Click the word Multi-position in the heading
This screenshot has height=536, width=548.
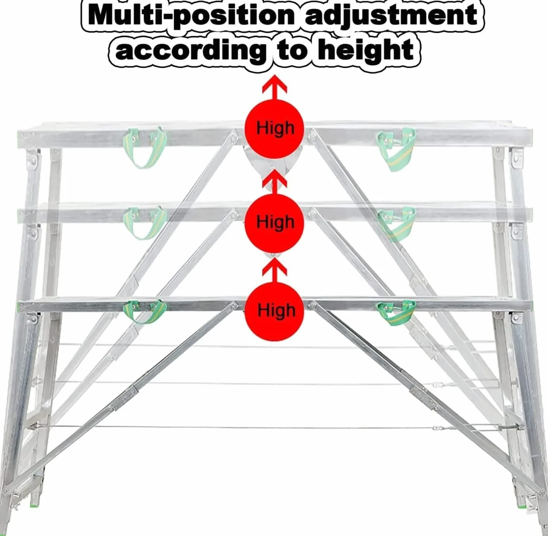[191, 16]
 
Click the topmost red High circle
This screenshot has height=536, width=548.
[274, 129]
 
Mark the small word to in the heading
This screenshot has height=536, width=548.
[292, 51]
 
